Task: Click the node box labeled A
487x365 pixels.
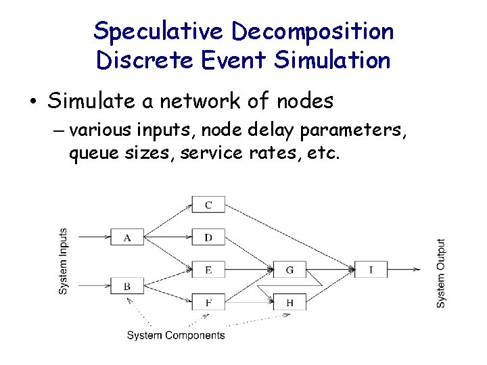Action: tap(127, 237)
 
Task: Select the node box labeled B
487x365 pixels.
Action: tap(127, 286)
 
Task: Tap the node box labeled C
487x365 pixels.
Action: tap(208, 205)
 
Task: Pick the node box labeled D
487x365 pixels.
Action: tap(208, 237)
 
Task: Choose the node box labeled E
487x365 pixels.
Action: tap(208, 270)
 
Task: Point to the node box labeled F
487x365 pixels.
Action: tap(208, 302)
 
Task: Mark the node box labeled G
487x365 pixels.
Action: tap(289, 270)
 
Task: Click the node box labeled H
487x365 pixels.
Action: tap(289, 302)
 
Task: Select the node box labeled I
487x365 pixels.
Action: tap(371, 270)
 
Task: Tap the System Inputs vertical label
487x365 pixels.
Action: tap(63, 260)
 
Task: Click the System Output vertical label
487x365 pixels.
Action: tap(441, 273)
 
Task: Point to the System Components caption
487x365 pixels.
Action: tap(176, 335)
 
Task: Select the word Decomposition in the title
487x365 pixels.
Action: tap(312, 31)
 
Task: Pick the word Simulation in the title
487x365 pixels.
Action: tap(332, 60)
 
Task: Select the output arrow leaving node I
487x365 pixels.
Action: tap(403, 270)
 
